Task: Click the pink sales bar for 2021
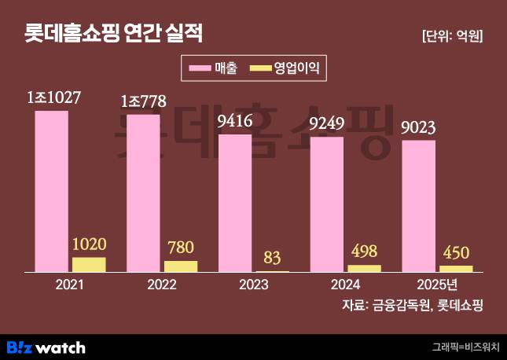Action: (x=52, y=191)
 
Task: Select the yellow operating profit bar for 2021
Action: (x=89, y=265)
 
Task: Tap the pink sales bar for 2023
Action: (x=235, y=203)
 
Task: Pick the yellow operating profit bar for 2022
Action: (x=181, y=266)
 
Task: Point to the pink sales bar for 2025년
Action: (x=419, y=206)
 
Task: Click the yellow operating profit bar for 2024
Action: (x=365, y=268)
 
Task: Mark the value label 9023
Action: (x=420, y=127)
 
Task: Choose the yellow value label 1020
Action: (x=89, y=244)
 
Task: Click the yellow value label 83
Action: (x=273, y=258)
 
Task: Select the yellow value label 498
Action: (x=365, y=252)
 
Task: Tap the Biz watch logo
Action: (x=46, y=347)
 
